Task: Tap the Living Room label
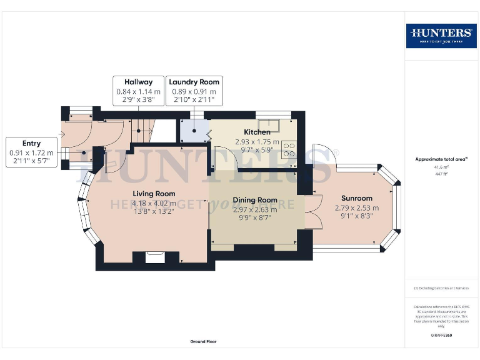pos(153,194)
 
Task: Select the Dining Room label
pos(254,200)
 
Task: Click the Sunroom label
pos(357,199)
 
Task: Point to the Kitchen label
pos(257,132)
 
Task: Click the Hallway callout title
pos(138,82)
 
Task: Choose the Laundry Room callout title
pos(194,82)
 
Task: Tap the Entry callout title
pos(31,144)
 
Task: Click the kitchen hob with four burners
pos(290,149)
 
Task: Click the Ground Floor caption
pos(204,342)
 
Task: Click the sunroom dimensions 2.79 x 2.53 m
pos(357,208)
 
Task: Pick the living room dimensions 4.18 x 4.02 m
pos(153,203)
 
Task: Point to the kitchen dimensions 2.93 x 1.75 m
pos(257,142)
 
